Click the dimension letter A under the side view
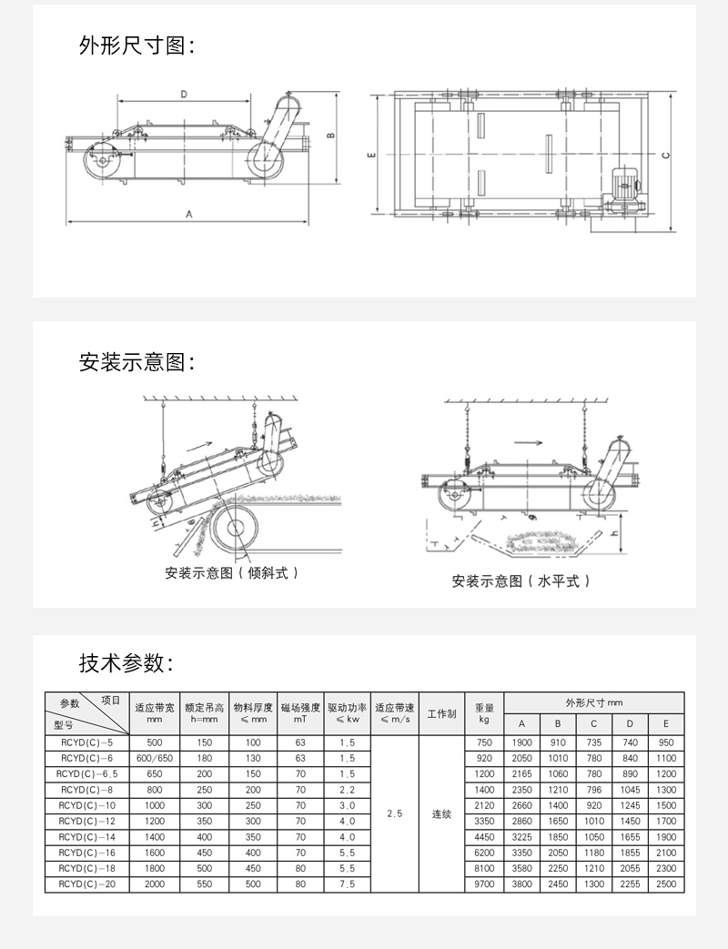point(188,215)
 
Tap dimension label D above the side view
point(183,94)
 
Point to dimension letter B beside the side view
point(332,136)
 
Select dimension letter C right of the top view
point(667,155)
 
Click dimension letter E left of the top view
point(373,156)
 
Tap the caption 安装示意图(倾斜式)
point(232,573)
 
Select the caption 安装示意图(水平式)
point(521,581)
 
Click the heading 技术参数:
point(126,663)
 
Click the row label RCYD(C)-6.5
point(86,773)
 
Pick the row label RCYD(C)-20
point(86,883)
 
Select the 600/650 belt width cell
point(154,758)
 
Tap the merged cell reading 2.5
point(395,814)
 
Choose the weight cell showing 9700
point(484,883)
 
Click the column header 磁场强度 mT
point(300,712)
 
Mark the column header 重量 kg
point(484,712)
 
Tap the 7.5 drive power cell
point(348,883)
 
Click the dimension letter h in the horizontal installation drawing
point(616,534)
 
